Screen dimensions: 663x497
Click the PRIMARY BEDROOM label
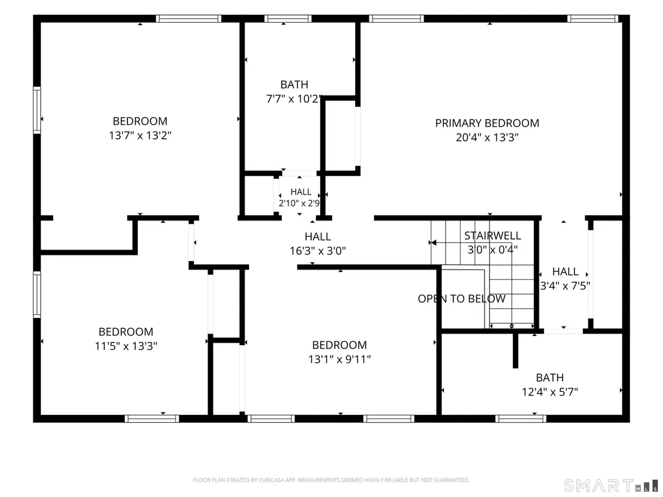(487, 123)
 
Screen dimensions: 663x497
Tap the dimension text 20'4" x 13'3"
(487, 138)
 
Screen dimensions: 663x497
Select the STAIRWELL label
(493, 235)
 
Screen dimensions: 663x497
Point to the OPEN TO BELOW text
(461, 299)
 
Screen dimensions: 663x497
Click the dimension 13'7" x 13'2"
(140, 135)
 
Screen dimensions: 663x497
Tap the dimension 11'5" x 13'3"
(126, 346)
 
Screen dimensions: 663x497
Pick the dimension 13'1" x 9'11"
(340, 359)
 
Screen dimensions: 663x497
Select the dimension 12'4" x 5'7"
(550, 392)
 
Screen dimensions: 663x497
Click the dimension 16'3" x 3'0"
(318, 251)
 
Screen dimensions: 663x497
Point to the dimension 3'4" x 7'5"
(565, 286)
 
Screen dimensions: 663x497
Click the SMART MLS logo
(611, 485)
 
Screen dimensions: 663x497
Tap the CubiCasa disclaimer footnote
(331, 480)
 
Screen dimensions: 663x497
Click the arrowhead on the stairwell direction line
(432, 242)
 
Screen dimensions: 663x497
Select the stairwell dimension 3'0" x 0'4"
(492, 249)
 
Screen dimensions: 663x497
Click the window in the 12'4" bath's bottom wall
(521, 419)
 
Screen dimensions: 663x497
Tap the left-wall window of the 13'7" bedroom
(38, 111)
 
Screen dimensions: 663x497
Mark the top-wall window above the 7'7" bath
(288, 19)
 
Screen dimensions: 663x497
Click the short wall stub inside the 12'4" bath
(516, 350)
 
